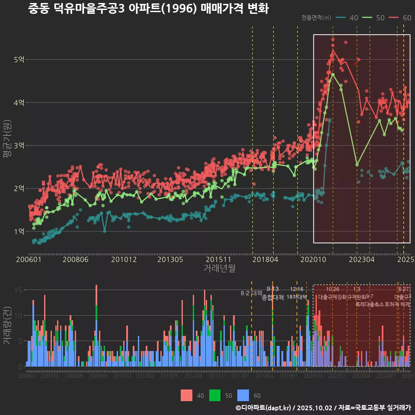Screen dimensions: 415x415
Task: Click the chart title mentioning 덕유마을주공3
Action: click(x=148, y=9)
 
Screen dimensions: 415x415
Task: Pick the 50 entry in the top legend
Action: click(x=374, y=18)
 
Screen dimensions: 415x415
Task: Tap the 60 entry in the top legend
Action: click(x=400, y=18)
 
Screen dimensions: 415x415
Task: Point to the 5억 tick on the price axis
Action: click(x=19, y=60)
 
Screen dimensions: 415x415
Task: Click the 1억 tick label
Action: click(x=19, y=231)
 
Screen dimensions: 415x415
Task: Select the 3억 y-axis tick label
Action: click(x=19, y=146)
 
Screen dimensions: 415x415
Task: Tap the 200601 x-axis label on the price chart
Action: click(x=29, y=260)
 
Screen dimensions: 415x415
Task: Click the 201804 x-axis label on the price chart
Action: click(x=265, y=260)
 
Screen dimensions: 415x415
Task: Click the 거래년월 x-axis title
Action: click(x=219, y=268)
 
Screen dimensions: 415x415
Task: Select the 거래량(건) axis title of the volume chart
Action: click(x=7, y=326)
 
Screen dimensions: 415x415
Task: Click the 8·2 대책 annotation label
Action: click(x=252, y=293)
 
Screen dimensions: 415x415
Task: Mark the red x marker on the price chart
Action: click(x=355, y=64)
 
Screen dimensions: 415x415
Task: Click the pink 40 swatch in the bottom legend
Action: click(x=186, y=395)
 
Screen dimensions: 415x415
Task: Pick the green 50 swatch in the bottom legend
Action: click(x=215, y=395)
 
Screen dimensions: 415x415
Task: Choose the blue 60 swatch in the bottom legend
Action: click(x=244, y=395)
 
